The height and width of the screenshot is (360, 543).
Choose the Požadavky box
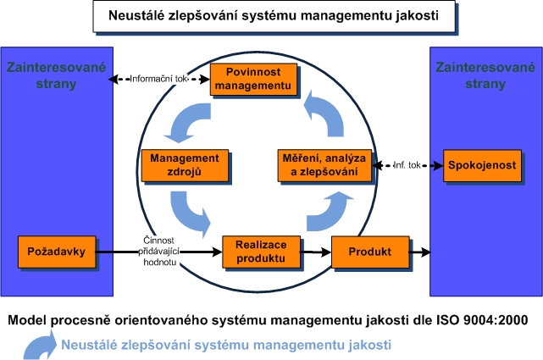pos(56,252)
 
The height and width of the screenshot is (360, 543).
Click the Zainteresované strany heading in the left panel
pos(57,75)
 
